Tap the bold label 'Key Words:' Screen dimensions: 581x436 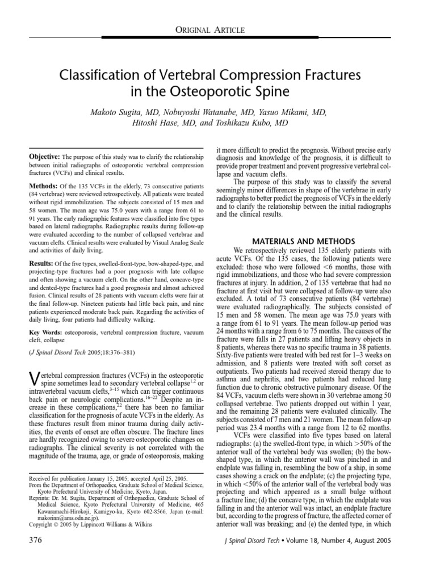[x=45, y=331]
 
